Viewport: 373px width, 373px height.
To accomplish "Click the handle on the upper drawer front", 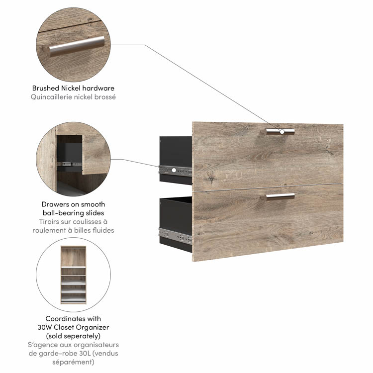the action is [280, 132].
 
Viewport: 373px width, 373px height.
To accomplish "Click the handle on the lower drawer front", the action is [280, 196].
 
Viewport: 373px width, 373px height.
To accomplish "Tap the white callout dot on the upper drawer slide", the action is [174, 170].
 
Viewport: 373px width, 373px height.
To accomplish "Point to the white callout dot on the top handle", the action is [282, 132].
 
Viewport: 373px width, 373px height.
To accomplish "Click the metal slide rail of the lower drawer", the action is [176, 235].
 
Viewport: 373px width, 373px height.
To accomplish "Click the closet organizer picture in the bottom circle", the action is [73, 275].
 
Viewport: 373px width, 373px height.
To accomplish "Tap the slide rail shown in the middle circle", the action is [69, 164].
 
